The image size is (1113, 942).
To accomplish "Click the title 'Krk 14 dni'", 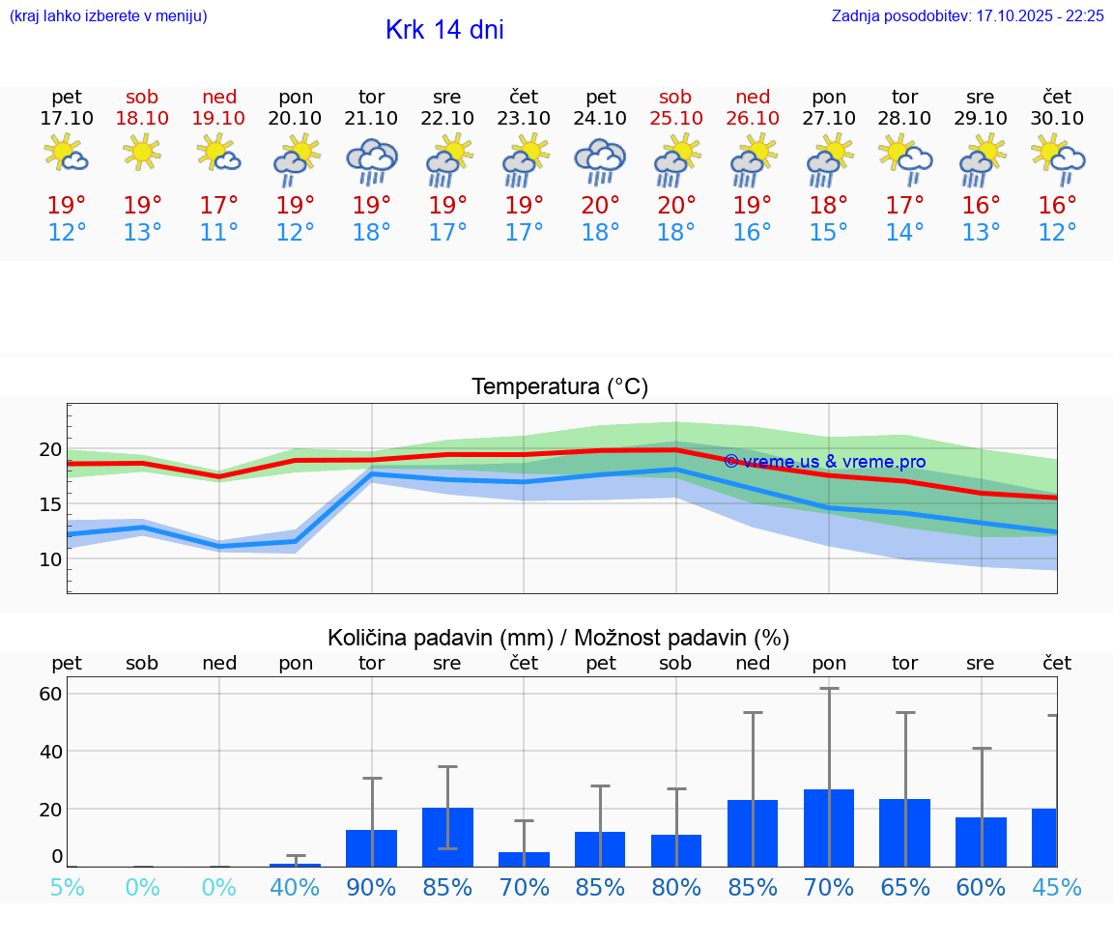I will pos(444,30).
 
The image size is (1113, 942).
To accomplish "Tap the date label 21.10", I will pos(371,118).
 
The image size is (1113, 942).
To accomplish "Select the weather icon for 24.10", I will pos(600,161).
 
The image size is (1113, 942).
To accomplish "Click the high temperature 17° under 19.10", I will pos(219,206).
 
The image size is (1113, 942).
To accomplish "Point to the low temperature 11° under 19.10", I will pos(219,233).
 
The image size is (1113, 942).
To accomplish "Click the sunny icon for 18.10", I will pos(142,153).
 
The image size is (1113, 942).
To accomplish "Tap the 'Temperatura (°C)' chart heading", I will pos(559,387).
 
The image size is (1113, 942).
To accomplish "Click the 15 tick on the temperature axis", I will pos(50,504).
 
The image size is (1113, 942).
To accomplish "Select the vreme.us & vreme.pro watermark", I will pos(824,462).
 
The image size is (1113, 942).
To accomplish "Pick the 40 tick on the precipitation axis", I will pos(50,751).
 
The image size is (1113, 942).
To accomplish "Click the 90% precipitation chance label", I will pos(371,887).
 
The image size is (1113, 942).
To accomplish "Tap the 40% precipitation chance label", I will pos(295,887).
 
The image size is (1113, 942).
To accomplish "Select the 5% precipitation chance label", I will pos(67,887).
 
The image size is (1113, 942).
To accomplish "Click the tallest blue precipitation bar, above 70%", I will pos(829,828).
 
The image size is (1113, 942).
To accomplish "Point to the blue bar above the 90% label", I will pos(371,848).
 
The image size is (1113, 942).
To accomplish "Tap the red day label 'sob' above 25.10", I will pos(675,97).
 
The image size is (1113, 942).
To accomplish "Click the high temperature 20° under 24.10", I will pos(600,206).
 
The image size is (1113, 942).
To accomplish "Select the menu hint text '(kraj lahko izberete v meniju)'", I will pos(108,16).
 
